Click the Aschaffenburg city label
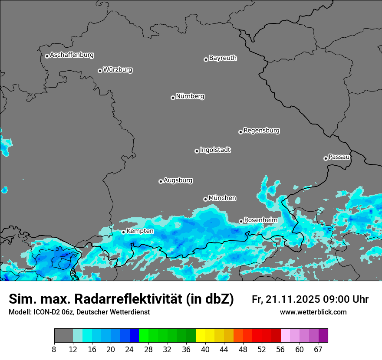pyautogui.click(x=72, y=55)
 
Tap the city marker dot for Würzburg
pyautogui.click(x=100, y=71)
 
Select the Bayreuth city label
pyautogui.click(x=223, y=58)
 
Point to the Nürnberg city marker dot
pyautogui.click(x=173, y=98)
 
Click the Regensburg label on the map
pyautogui.click(x=261, y=131)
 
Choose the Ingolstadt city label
pyautogui.click(x=215, y=150)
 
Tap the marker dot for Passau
pyautogui.click(x=326, y=158)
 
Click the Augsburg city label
pyautogui.click(x=178, y=180)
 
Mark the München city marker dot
pyautogui.click(x=205, y=199)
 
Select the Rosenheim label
pyautogui.click(x=260, y=220)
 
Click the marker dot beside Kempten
pyautogui.click(x=123, y=232)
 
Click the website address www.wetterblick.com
pyautogui.click(x=313, y=312)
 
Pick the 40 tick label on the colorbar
pyautogui.click(x=205, y=350)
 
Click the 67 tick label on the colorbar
pyautogui.click(x=318, y=350)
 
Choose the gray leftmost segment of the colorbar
pyautogui.click(x=63, y=336)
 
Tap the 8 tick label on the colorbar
pyautogui.click(x=54, y=350)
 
